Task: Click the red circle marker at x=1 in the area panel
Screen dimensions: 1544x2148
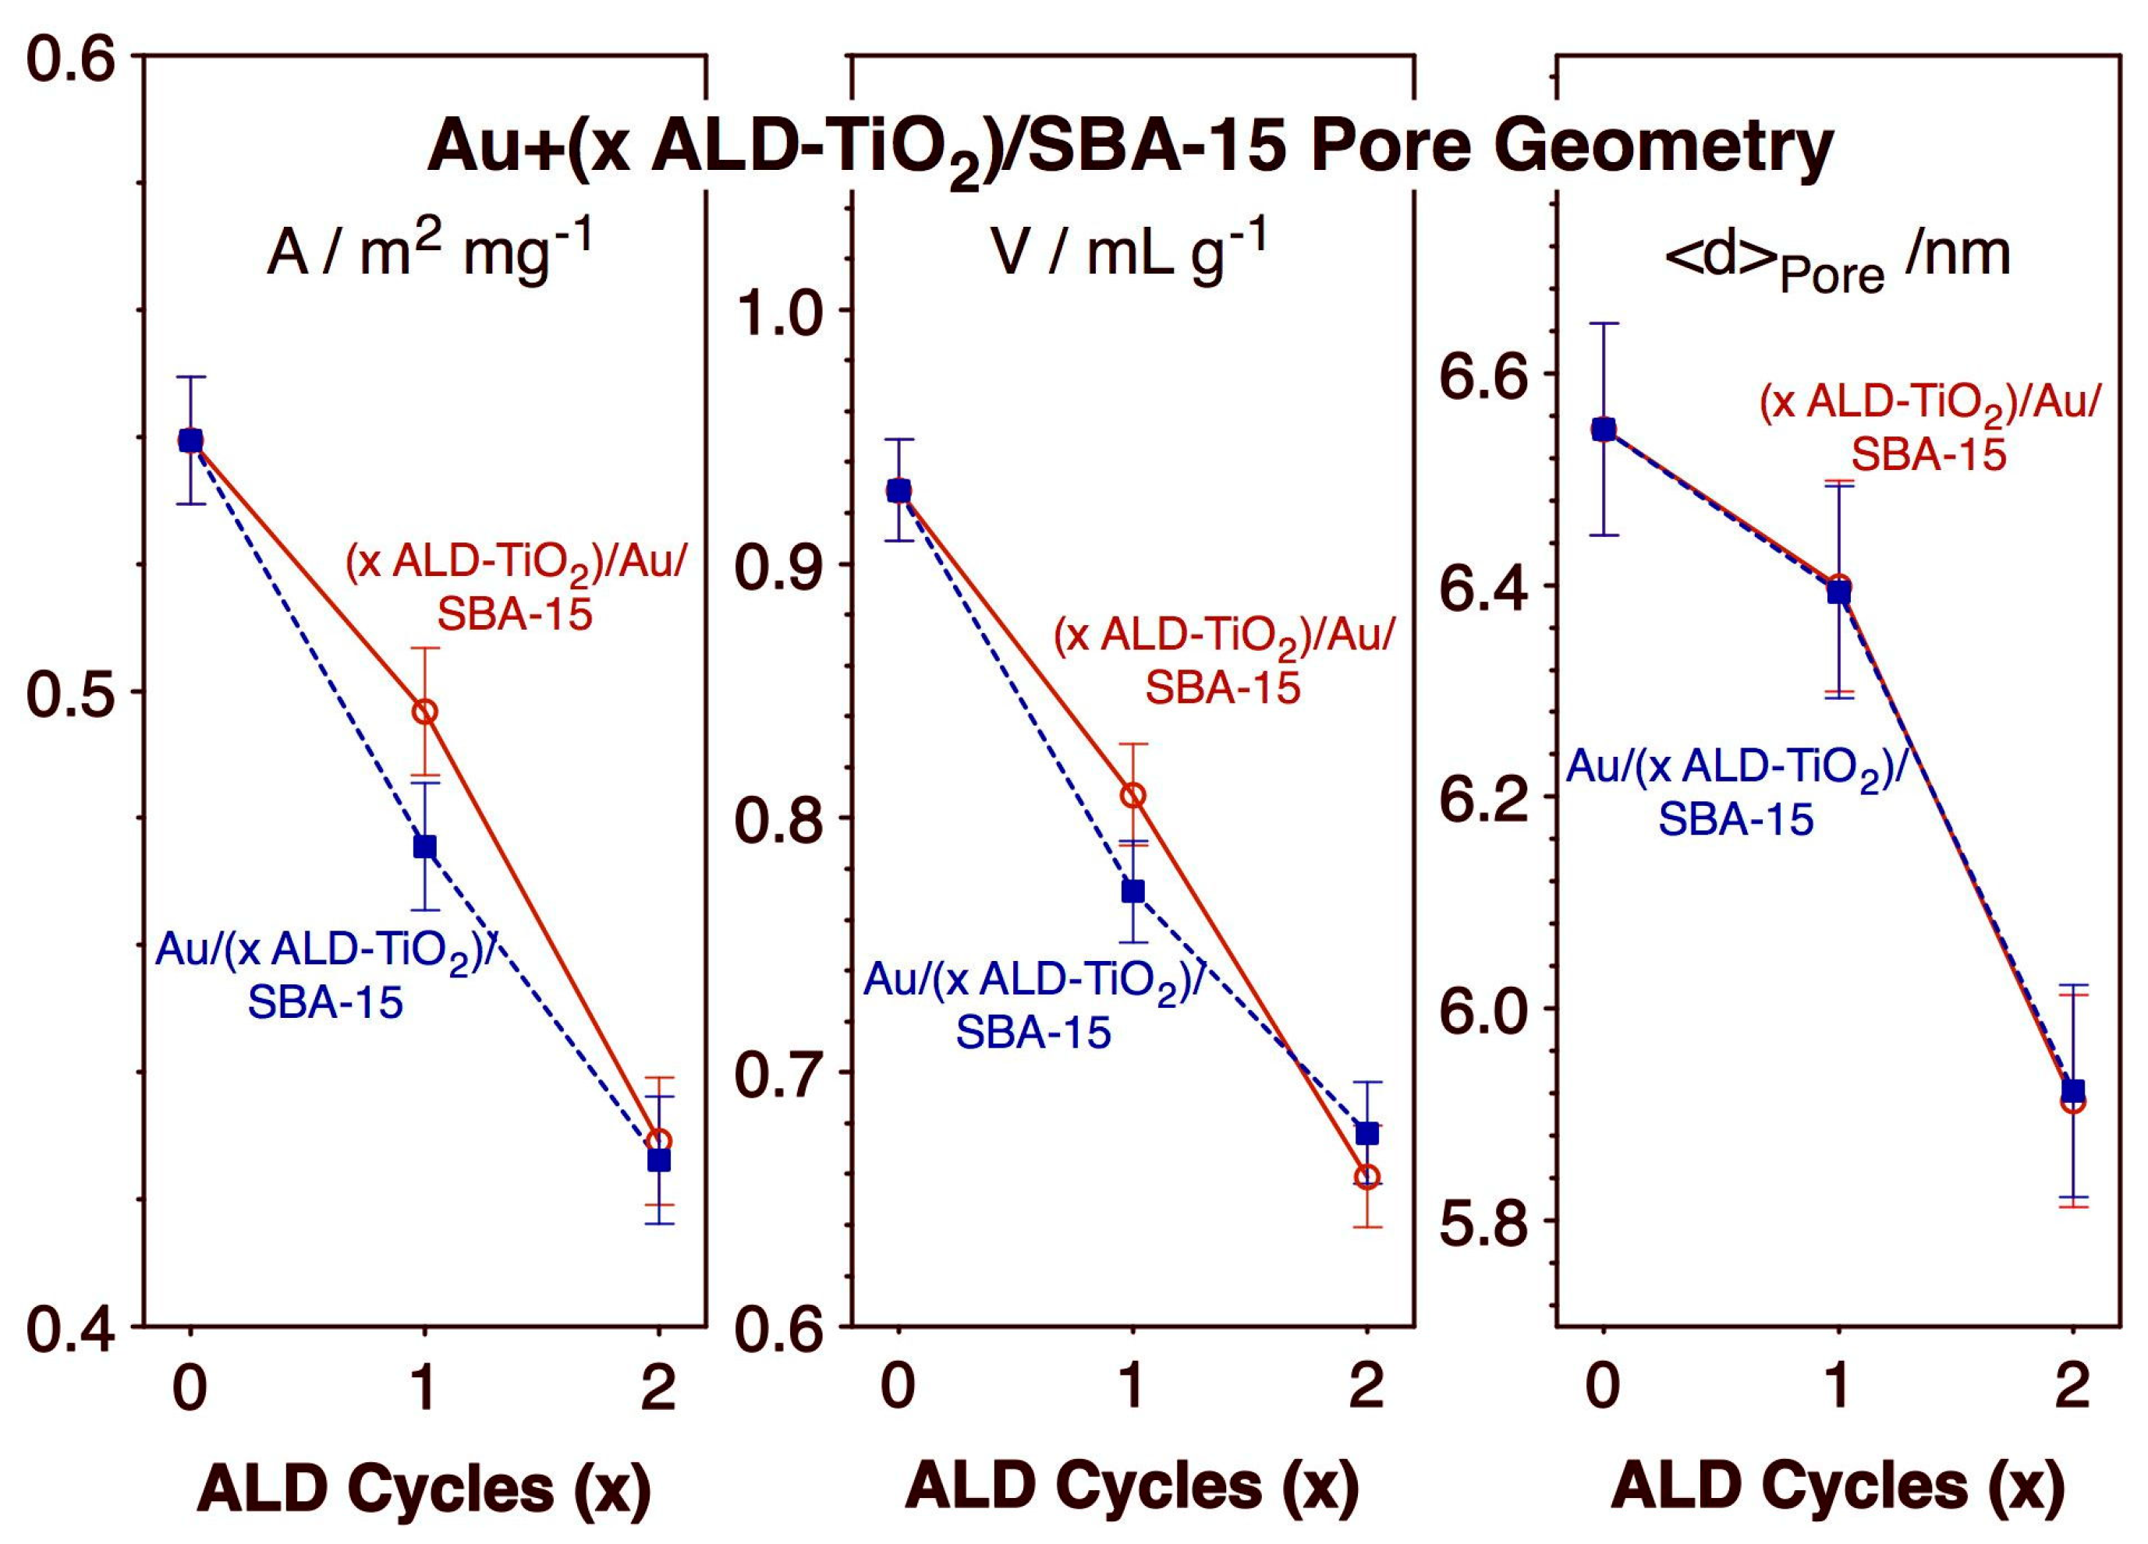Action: click(x=425, y=712)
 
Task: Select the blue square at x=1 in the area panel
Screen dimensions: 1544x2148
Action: click(x=425, y=846)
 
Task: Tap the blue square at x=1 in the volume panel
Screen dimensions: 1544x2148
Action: click(x=1132, y=891)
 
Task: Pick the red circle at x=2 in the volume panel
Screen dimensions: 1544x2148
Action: click(x=1366, y=1177)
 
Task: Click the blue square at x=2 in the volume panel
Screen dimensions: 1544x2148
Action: click(x=1366, y=1133)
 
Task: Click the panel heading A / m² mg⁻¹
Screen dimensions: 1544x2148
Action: click(x=429, y=251)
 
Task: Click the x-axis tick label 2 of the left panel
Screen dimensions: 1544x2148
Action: click(x=658, y=1389)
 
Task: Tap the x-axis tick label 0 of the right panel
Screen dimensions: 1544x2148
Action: click(x=1603, y=1389)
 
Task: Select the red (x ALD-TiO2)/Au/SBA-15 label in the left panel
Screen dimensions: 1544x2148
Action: click(x=514, y=588)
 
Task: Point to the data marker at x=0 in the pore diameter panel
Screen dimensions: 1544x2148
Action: click(x=1603, y=429)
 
